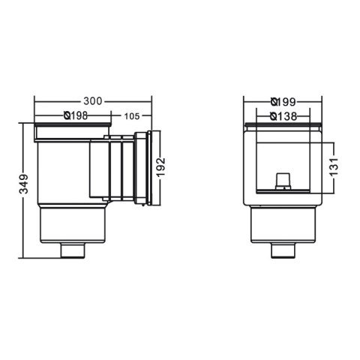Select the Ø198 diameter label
point(78,116)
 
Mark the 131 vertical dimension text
point(334,164)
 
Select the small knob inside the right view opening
point(282,179)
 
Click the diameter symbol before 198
point(67,116)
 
